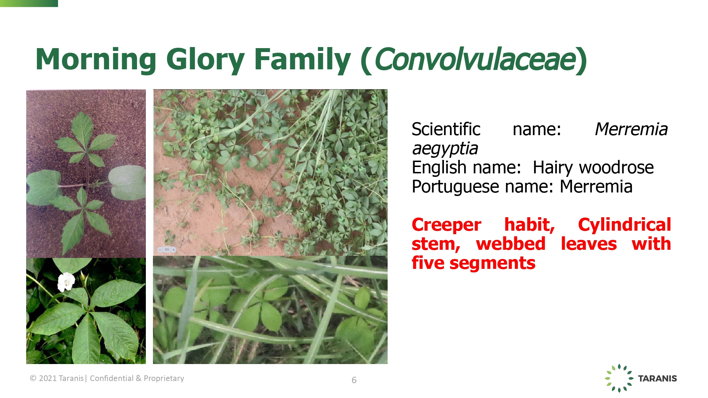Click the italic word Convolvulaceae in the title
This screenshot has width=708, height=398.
tap(474, 59)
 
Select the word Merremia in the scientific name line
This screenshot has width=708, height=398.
tap(631, 129)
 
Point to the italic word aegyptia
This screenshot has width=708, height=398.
tap(445, 149)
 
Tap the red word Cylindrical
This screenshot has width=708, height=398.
tap(624, 225)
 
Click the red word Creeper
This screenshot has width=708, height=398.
tap(446, 225)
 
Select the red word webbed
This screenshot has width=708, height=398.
tap(511, 244)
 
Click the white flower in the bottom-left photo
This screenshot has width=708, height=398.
tap(66, 282)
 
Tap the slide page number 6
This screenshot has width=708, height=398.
tap(354, 380)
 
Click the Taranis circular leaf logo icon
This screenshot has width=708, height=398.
tap(619, 378)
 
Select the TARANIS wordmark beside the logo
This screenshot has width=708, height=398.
tap(657, 379)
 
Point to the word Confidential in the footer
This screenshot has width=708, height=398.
tap(112, 378)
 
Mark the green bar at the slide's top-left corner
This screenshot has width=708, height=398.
tap(29, 4)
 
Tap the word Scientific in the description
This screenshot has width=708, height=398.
tap(446, 129)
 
